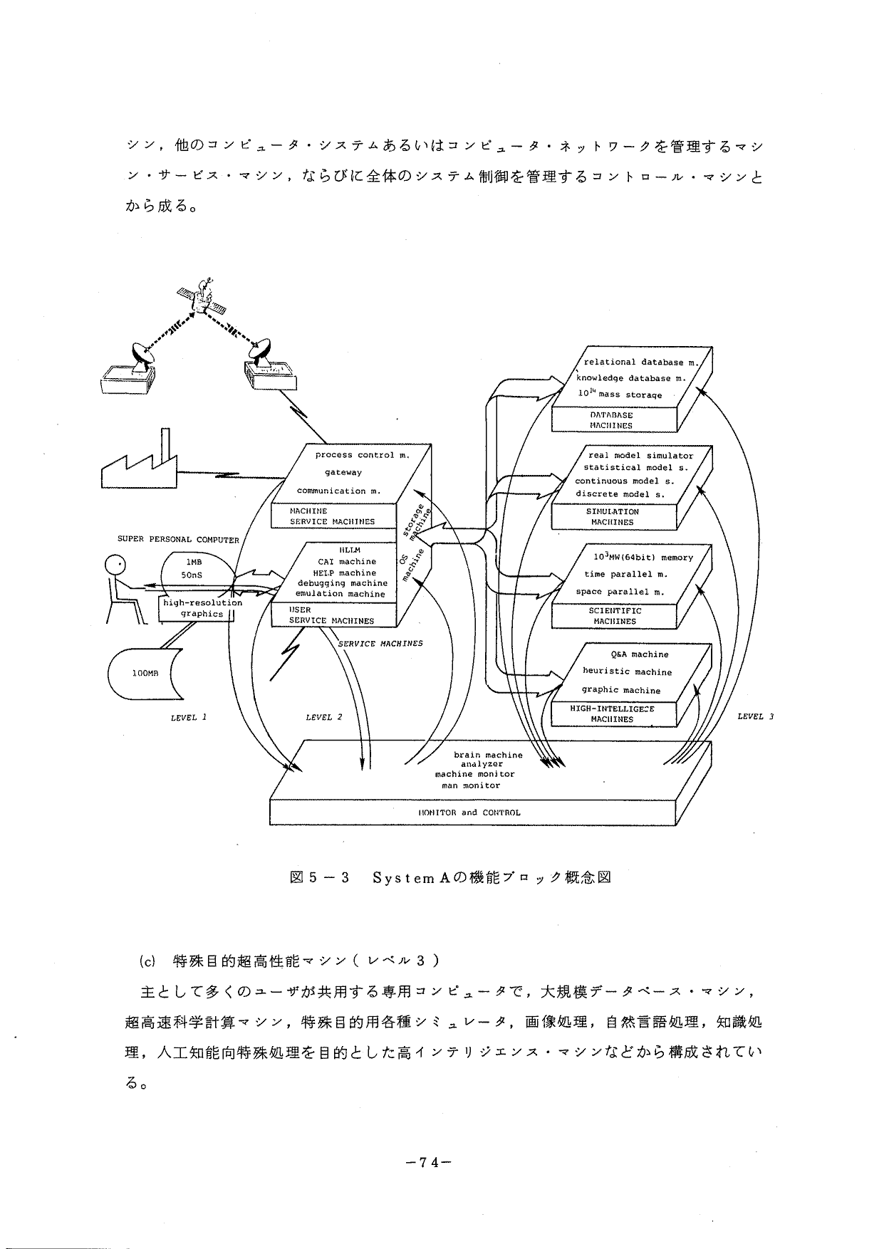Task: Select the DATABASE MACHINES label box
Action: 611,420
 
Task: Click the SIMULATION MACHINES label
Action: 612,517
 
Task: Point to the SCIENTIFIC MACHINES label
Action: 615,616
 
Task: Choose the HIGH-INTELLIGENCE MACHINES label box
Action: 612,714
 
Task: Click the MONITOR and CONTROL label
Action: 469,812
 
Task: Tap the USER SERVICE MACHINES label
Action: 331,615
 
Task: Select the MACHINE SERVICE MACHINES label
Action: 332,516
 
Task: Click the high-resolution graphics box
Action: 202,608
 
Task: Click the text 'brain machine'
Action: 488,755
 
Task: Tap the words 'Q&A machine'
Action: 640,654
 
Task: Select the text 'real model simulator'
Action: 640,456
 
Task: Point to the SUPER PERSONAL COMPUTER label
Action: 178,540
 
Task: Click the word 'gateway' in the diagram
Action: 343,472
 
